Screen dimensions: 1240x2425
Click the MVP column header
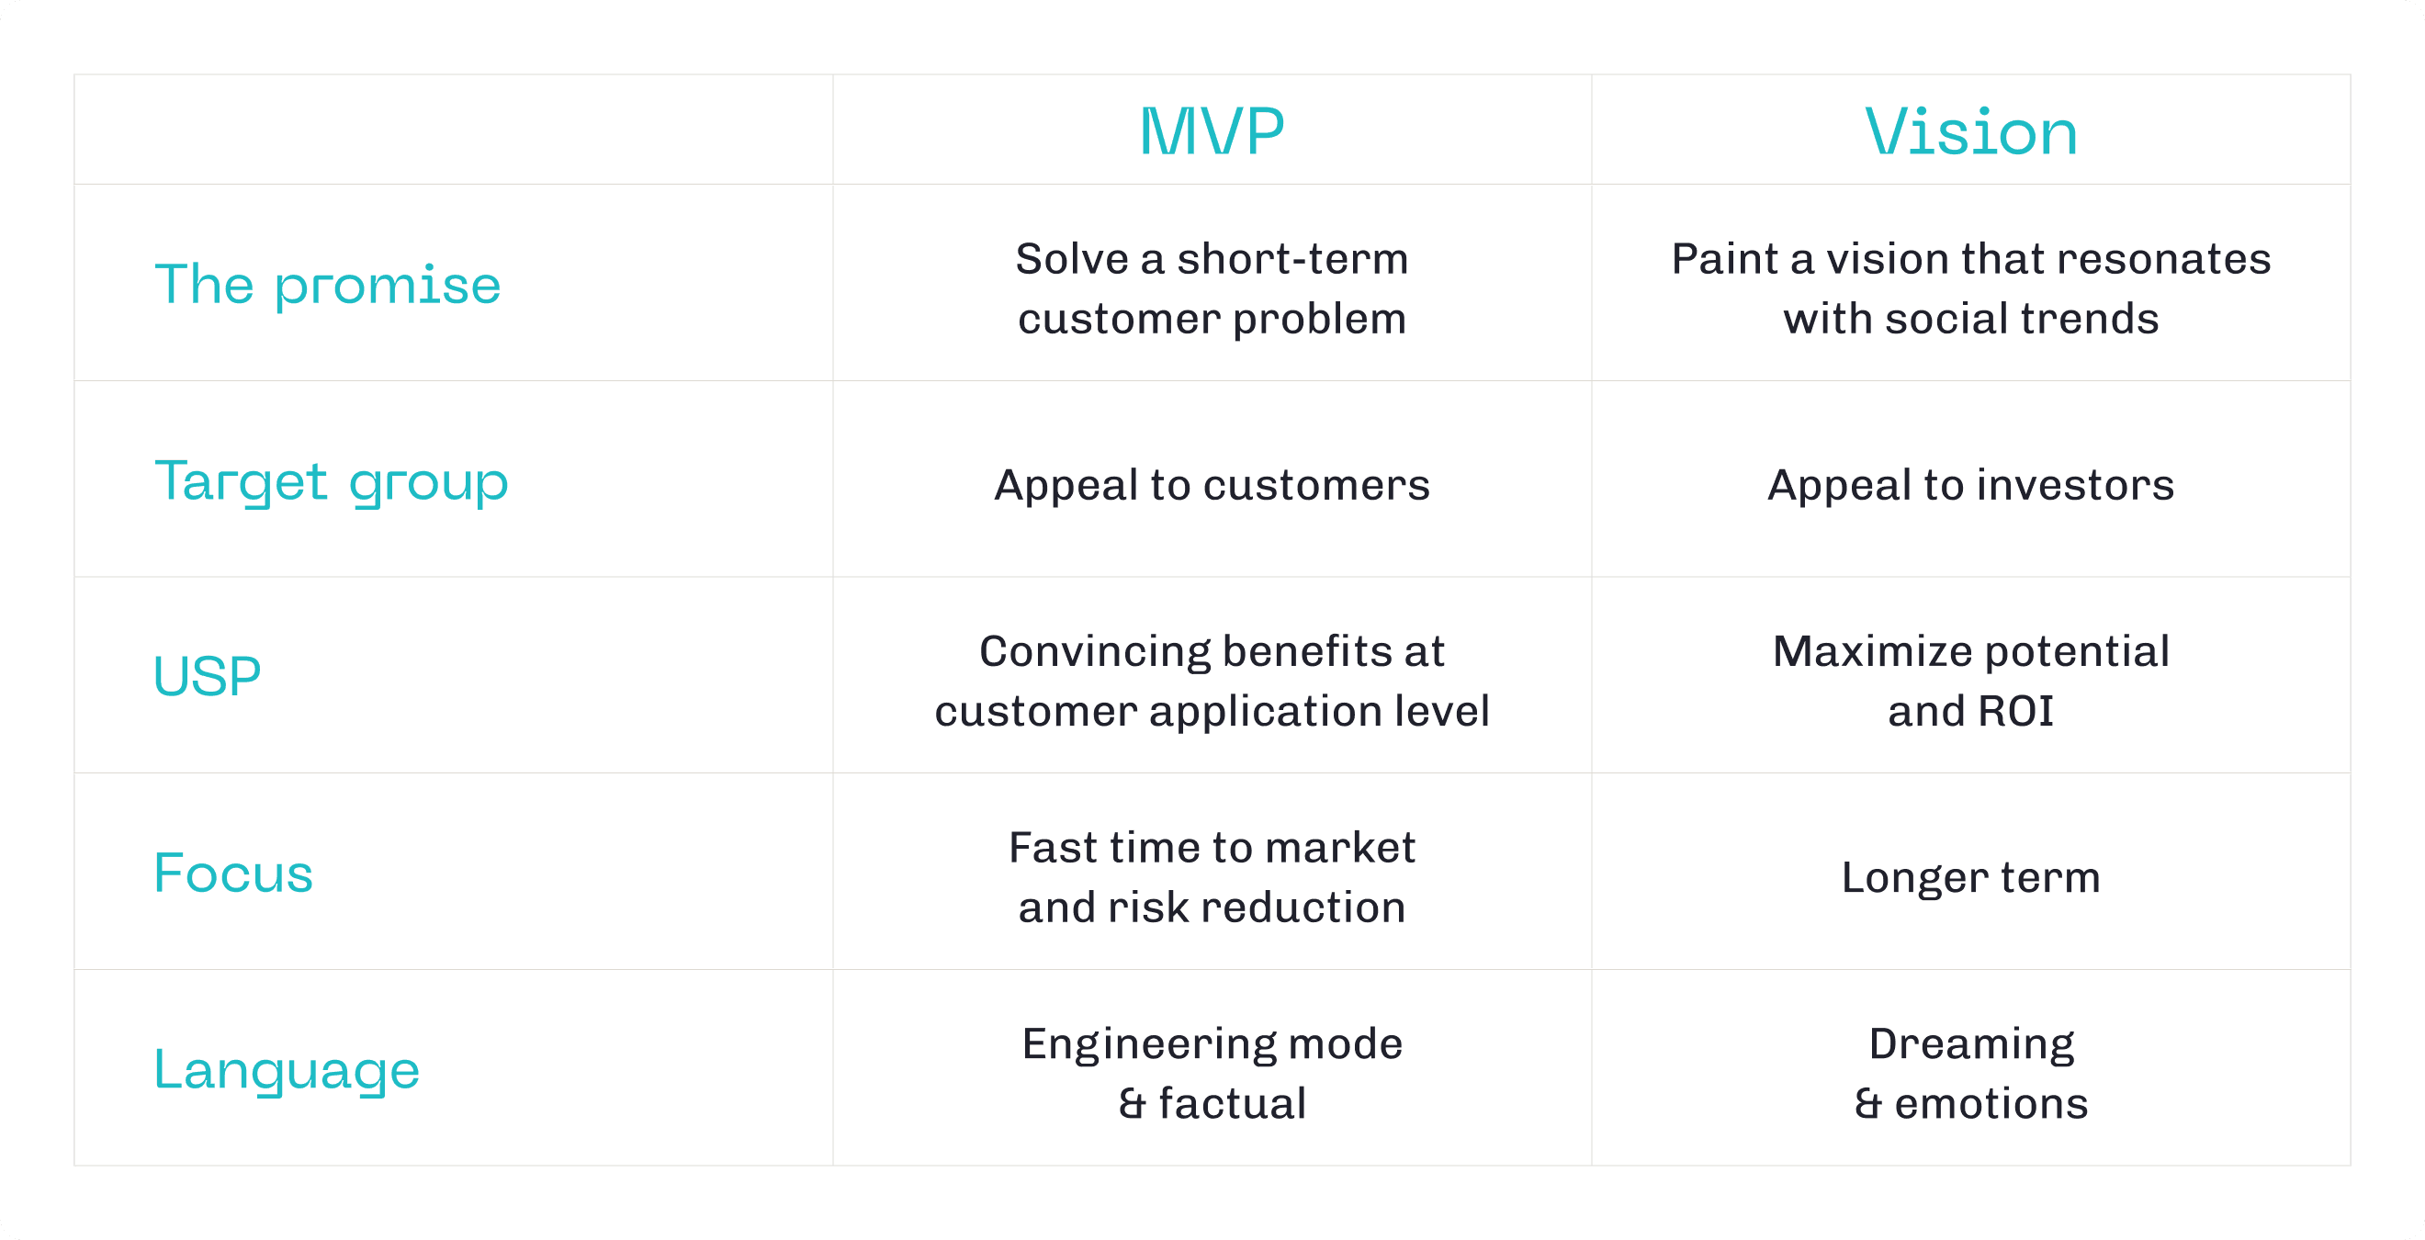click(1212, 132)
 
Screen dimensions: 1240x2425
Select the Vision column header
click(1970, 132)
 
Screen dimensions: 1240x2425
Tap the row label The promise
click(328, 285)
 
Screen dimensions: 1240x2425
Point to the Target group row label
click(332, 481)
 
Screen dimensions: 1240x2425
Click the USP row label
click(207, 676)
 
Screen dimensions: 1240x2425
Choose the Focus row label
click(232, 873)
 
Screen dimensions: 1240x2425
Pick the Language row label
click(287, 1069)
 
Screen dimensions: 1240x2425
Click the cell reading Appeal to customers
click(1212, 485)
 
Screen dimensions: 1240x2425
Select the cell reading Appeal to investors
click(1970, 485)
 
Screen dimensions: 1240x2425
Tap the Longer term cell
click(1970, 877)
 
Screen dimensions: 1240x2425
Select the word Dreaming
click(1971, 1044)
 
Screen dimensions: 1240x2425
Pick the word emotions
click(1991, 1103)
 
